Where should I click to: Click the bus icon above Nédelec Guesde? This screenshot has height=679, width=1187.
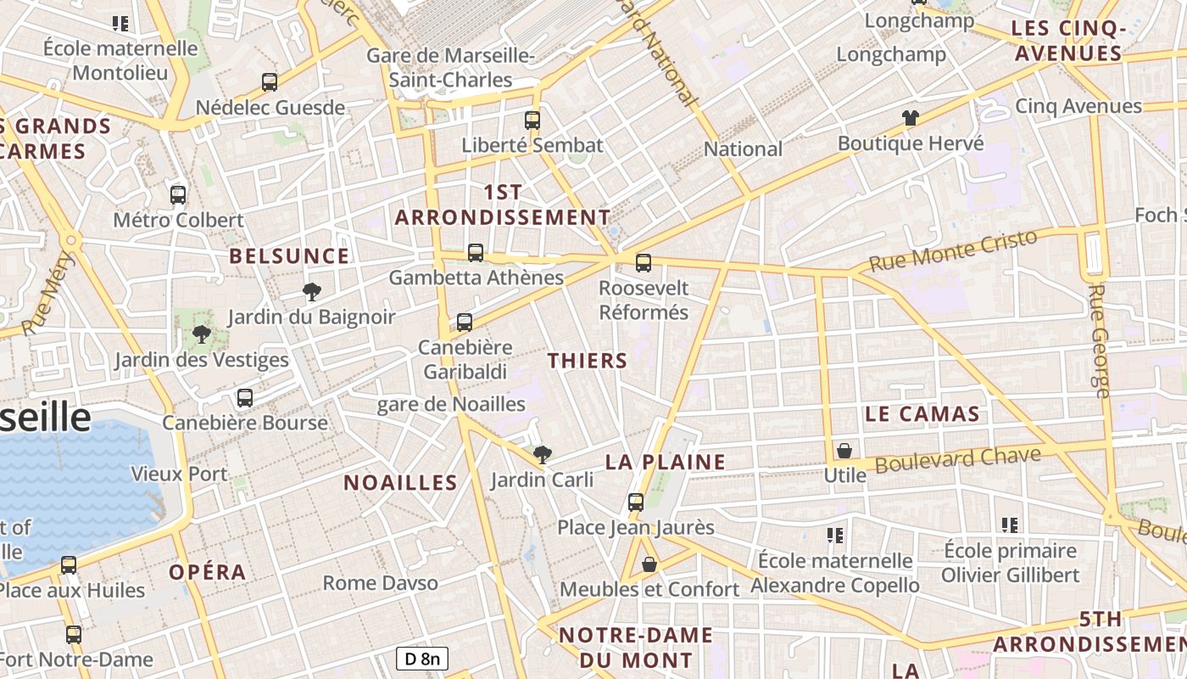(270, 82)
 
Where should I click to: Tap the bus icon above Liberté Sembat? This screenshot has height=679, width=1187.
(532, 120)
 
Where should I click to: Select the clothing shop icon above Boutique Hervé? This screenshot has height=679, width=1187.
(911, 118)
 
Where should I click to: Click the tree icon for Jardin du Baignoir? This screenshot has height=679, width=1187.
(312, 293)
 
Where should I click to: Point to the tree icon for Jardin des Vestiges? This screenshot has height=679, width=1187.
(202, 334)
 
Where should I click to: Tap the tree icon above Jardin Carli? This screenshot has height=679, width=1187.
(542, 455)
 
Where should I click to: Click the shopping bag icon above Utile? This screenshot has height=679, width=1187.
(844, 451)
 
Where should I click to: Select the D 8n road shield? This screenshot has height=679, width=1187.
(422, 658)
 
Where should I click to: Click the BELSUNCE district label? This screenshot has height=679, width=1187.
(289, 256)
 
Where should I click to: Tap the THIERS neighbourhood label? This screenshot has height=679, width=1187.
(588, 361)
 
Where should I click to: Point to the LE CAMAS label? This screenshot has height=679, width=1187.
(922, 415)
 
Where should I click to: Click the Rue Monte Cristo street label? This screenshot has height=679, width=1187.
(953, 250)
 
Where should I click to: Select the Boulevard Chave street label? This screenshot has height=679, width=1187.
(958, 460)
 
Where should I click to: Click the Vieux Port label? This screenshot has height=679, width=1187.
(180, 474)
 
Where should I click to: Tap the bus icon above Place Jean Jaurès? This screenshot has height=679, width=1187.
(636, 502)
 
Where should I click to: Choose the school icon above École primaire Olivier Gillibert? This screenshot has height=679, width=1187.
(1009, 525)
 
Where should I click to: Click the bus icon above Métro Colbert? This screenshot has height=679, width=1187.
(178, 195)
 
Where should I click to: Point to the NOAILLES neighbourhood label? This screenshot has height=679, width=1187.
(400, 483)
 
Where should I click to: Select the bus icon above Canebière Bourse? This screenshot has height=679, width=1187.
(245, 397)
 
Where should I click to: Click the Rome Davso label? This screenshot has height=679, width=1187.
(381, 583)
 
